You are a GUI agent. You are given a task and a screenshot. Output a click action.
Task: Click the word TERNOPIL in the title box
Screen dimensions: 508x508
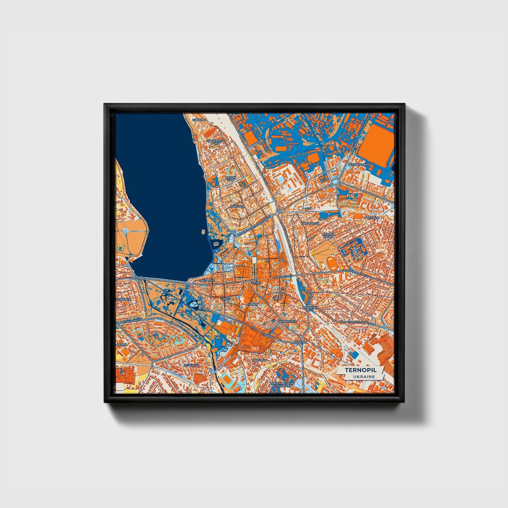pyautogui.click(x=360, y=370)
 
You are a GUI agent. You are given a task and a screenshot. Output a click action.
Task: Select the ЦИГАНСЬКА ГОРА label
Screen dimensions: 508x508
pyautogui.click(x=216, y=142)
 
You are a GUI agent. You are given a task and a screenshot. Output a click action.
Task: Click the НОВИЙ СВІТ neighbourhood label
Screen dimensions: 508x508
pyautogui.click(x=231, y=179)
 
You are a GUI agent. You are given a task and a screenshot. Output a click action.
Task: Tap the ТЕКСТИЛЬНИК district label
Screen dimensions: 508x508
pyautogui.click(x=359, y=165)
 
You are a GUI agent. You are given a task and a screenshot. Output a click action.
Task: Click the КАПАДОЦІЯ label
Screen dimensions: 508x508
pyautogui.click(x=310, y=223)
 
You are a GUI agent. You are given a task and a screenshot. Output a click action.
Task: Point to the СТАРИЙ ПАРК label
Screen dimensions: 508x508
pyautogui.click(x=328, y=235)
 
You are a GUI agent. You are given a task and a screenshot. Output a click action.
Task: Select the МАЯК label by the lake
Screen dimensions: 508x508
pyautogui.click(x=136, y=278)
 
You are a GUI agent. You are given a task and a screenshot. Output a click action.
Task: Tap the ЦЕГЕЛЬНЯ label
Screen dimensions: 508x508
pyautogui.click(x=192, y=365)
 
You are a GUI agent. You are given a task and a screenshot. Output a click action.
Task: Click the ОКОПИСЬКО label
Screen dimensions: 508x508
pyautogui.click(x=287, y=321)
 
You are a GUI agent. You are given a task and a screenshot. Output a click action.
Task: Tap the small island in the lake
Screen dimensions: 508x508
pyautogui.click(x=203, y=231)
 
